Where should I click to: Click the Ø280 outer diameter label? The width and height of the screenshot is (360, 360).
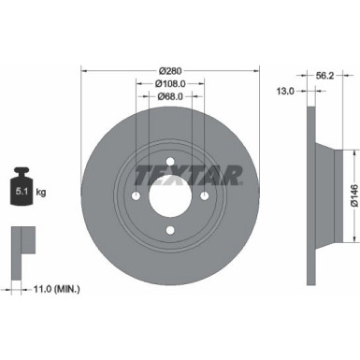(x=169, y=71)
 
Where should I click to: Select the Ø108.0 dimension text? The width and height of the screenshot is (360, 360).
(x=169, y=84)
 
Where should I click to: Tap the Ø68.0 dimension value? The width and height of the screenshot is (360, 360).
(x=169, y=97)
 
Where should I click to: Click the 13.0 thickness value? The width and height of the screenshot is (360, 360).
(x=287, y=91)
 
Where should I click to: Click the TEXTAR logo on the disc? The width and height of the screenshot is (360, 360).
(x=190, y=174)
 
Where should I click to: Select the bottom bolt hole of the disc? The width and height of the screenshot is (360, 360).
(x=169, y=233)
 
